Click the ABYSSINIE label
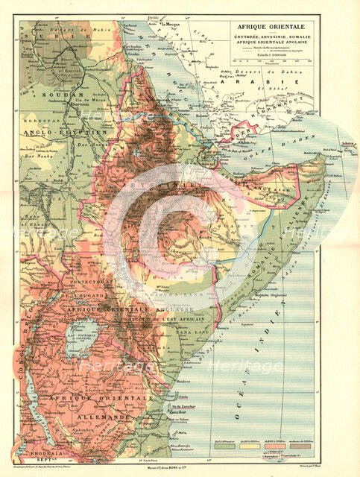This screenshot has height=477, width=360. tap(177, 183)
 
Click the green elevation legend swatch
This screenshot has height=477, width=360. tap(222, 449)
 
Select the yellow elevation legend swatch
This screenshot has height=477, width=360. tap(245, 449)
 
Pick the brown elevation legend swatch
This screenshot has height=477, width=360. tap(291, 449)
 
